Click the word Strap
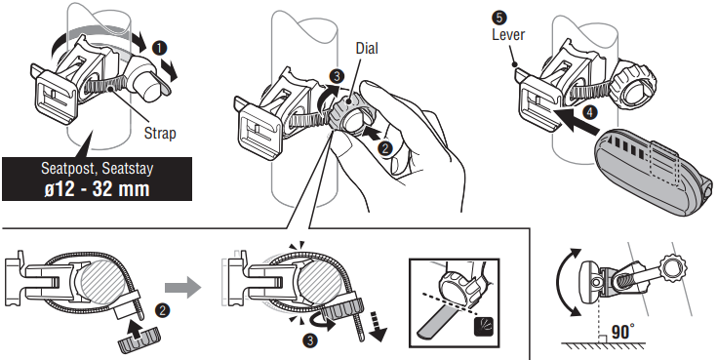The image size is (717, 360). point(160,133)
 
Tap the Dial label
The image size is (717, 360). point(366,48)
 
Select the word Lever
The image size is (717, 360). point(508,35)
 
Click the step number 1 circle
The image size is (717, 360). point(160,48)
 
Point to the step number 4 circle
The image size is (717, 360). point(590,113)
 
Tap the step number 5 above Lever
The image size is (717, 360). point(498,18)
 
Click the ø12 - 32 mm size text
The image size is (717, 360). point(97,189)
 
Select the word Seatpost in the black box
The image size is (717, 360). point(68,169)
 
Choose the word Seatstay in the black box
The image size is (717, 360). point(128,169)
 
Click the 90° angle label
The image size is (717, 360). point(623,332)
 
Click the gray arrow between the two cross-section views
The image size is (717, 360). point(182,288)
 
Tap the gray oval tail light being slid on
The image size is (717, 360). point(654,170)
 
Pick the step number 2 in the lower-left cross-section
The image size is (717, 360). point(161,311)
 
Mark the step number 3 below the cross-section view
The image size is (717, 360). point(309,340)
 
